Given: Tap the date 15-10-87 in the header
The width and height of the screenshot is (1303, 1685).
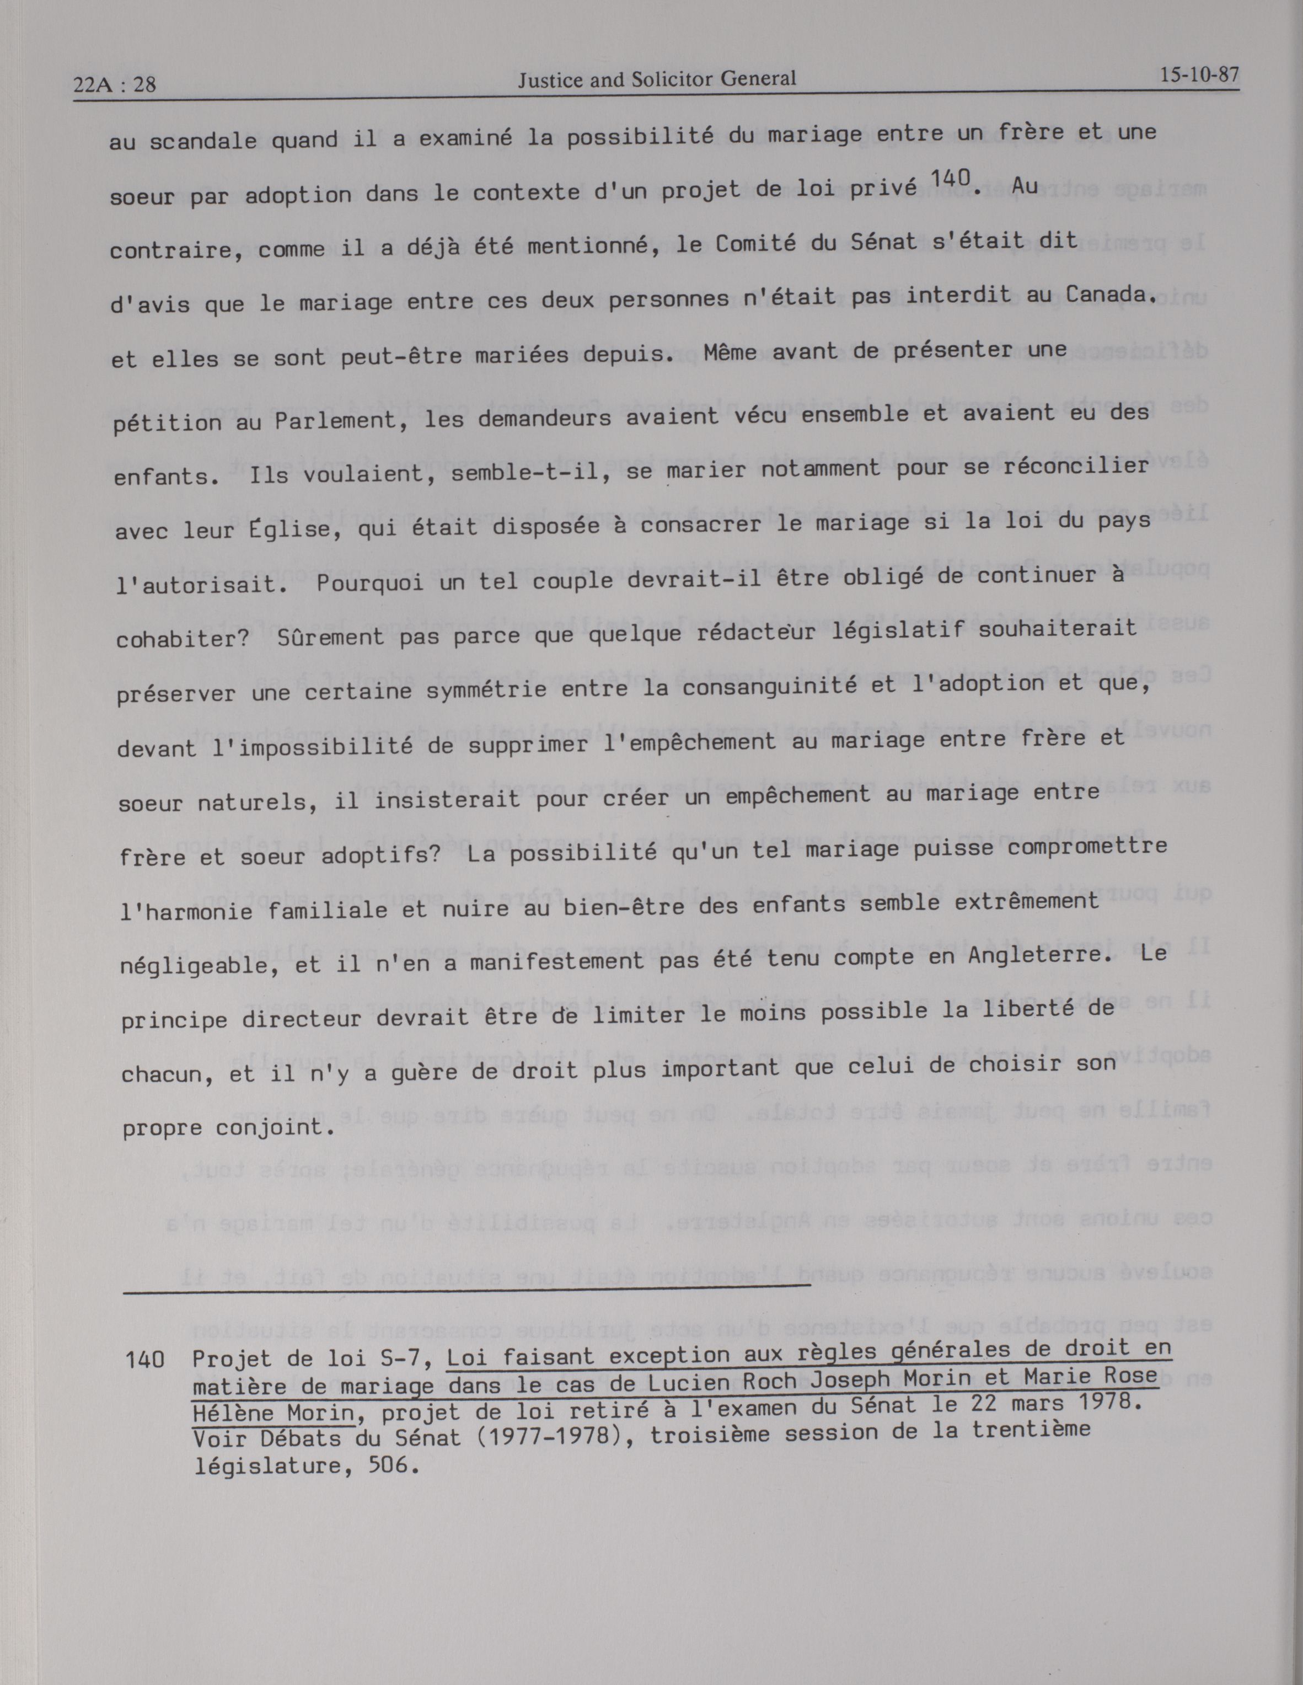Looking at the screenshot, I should point(1198,76).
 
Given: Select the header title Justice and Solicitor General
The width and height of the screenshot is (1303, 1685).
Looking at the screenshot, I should point(657,79).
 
